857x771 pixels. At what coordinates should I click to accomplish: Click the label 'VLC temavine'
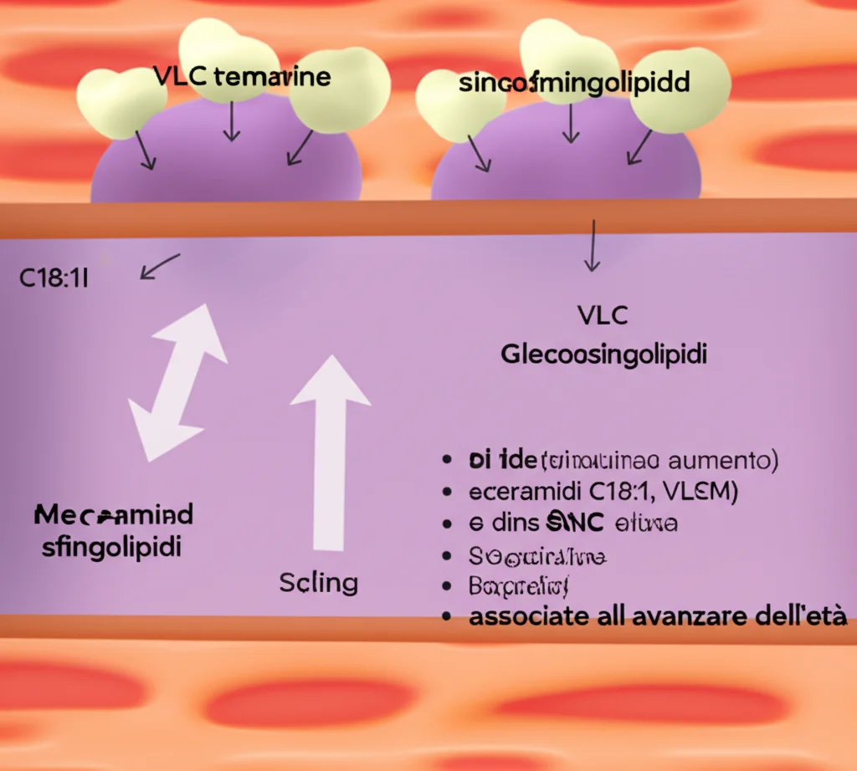[x=242, y=78]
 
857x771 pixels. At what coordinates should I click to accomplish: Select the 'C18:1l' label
[x=54, y=278]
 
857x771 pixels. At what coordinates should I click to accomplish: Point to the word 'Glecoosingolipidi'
[x=603, y=355]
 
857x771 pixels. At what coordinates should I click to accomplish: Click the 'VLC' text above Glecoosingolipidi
[x=603, y=316]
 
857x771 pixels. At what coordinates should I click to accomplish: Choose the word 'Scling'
[x=319, y=582]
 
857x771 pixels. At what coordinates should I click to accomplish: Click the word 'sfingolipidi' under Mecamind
[x=111, y=548]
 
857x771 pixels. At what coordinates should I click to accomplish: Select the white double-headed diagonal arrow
[x=177, y=382]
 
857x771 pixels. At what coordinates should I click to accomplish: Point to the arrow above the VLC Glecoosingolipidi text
[x=592, y=246]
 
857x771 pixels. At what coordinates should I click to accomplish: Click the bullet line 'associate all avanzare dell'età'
[x=658, y=618]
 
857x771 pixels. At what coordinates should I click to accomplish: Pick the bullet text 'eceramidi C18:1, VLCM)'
[x=601, y=492]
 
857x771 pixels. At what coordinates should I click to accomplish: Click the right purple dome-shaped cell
[x=566, y=163]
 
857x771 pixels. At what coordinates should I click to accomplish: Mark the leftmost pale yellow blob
[x=120, y=102]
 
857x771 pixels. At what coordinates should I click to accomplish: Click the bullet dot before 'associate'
[x=451, y=618]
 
